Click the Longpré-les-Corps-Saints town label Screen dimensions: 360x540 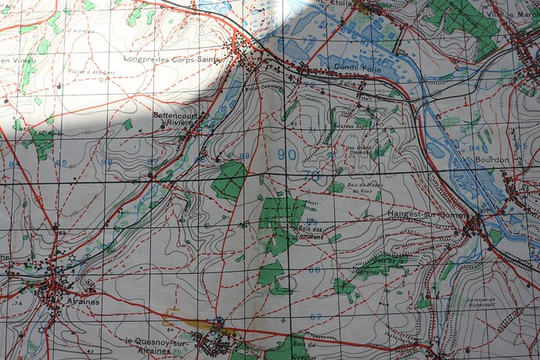point(174,58)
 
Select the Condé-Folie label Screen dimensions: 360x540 point(350,67)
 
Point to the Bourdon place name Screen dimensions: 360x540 point(491,160)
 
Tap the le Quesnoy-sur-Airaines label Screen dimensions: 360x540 point(158,346)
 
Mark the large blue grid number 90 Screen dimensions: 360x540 point(286,155)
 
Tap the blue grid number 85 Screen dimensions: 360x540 point(61,163)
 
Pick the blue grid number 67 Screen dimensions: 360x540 point(315,316)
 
